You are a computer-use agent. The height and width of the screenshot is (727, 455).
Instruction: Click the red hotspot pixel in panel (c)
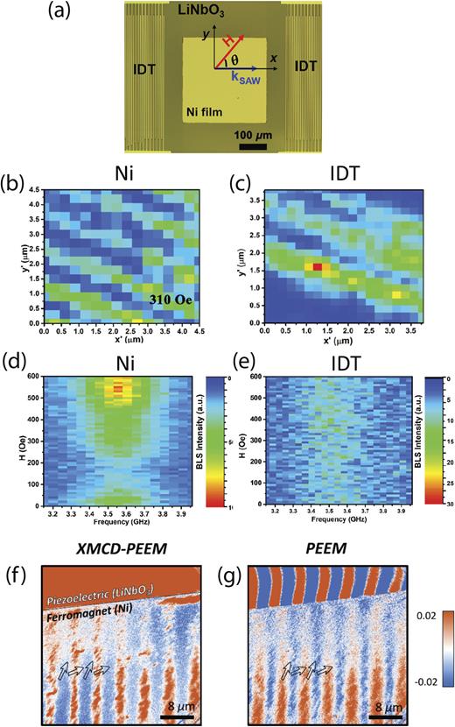click(x=317, y=265)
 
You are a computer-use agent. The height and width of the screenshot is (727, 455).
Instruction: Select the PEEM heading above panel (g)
click(x=302, y=546)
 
